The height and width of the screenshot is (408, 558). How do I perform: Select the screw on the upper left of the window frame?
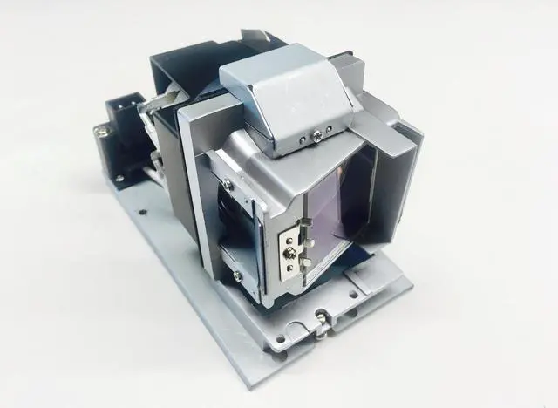pyautogui.click(x=228, y=184)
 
